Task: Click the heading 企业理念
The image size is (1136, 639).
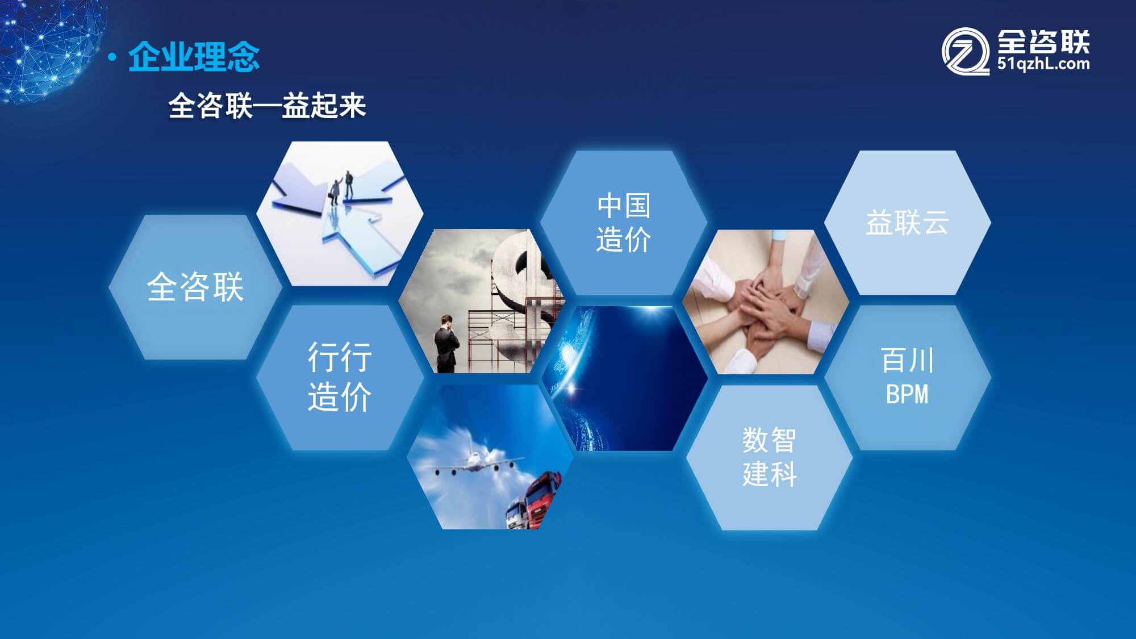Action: point(194,57)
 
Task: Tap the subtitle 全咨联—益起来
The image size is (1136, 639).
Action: point(267,106)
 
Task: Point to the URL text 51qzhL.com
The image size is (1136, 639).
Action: point(1043,64)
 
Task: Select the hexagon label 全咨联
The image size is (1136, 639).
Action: point(195,286)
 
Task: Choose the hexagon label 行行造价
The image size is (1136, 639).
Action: point(340,377)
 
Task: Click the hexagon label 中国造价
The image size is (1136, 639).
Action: point(624,222)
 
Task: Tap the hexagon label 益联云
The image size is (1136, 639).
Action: point(907,222)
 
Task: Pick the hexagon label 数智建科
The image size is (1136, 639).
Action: point(770,457)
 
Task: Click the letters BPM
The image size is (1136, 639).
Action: point(907,394)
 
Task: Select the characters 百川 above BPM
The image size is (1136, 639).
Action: point(907,360)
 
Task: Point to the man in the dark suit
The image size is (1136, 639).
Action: point(446,344)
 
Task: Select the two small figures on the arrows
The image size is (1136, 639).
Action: point(342,187)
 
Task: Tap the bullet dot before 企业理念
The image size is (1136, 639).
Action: point(112,57)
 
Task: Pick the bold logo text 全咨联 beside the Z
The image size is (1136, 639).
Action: point(1043,41)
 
